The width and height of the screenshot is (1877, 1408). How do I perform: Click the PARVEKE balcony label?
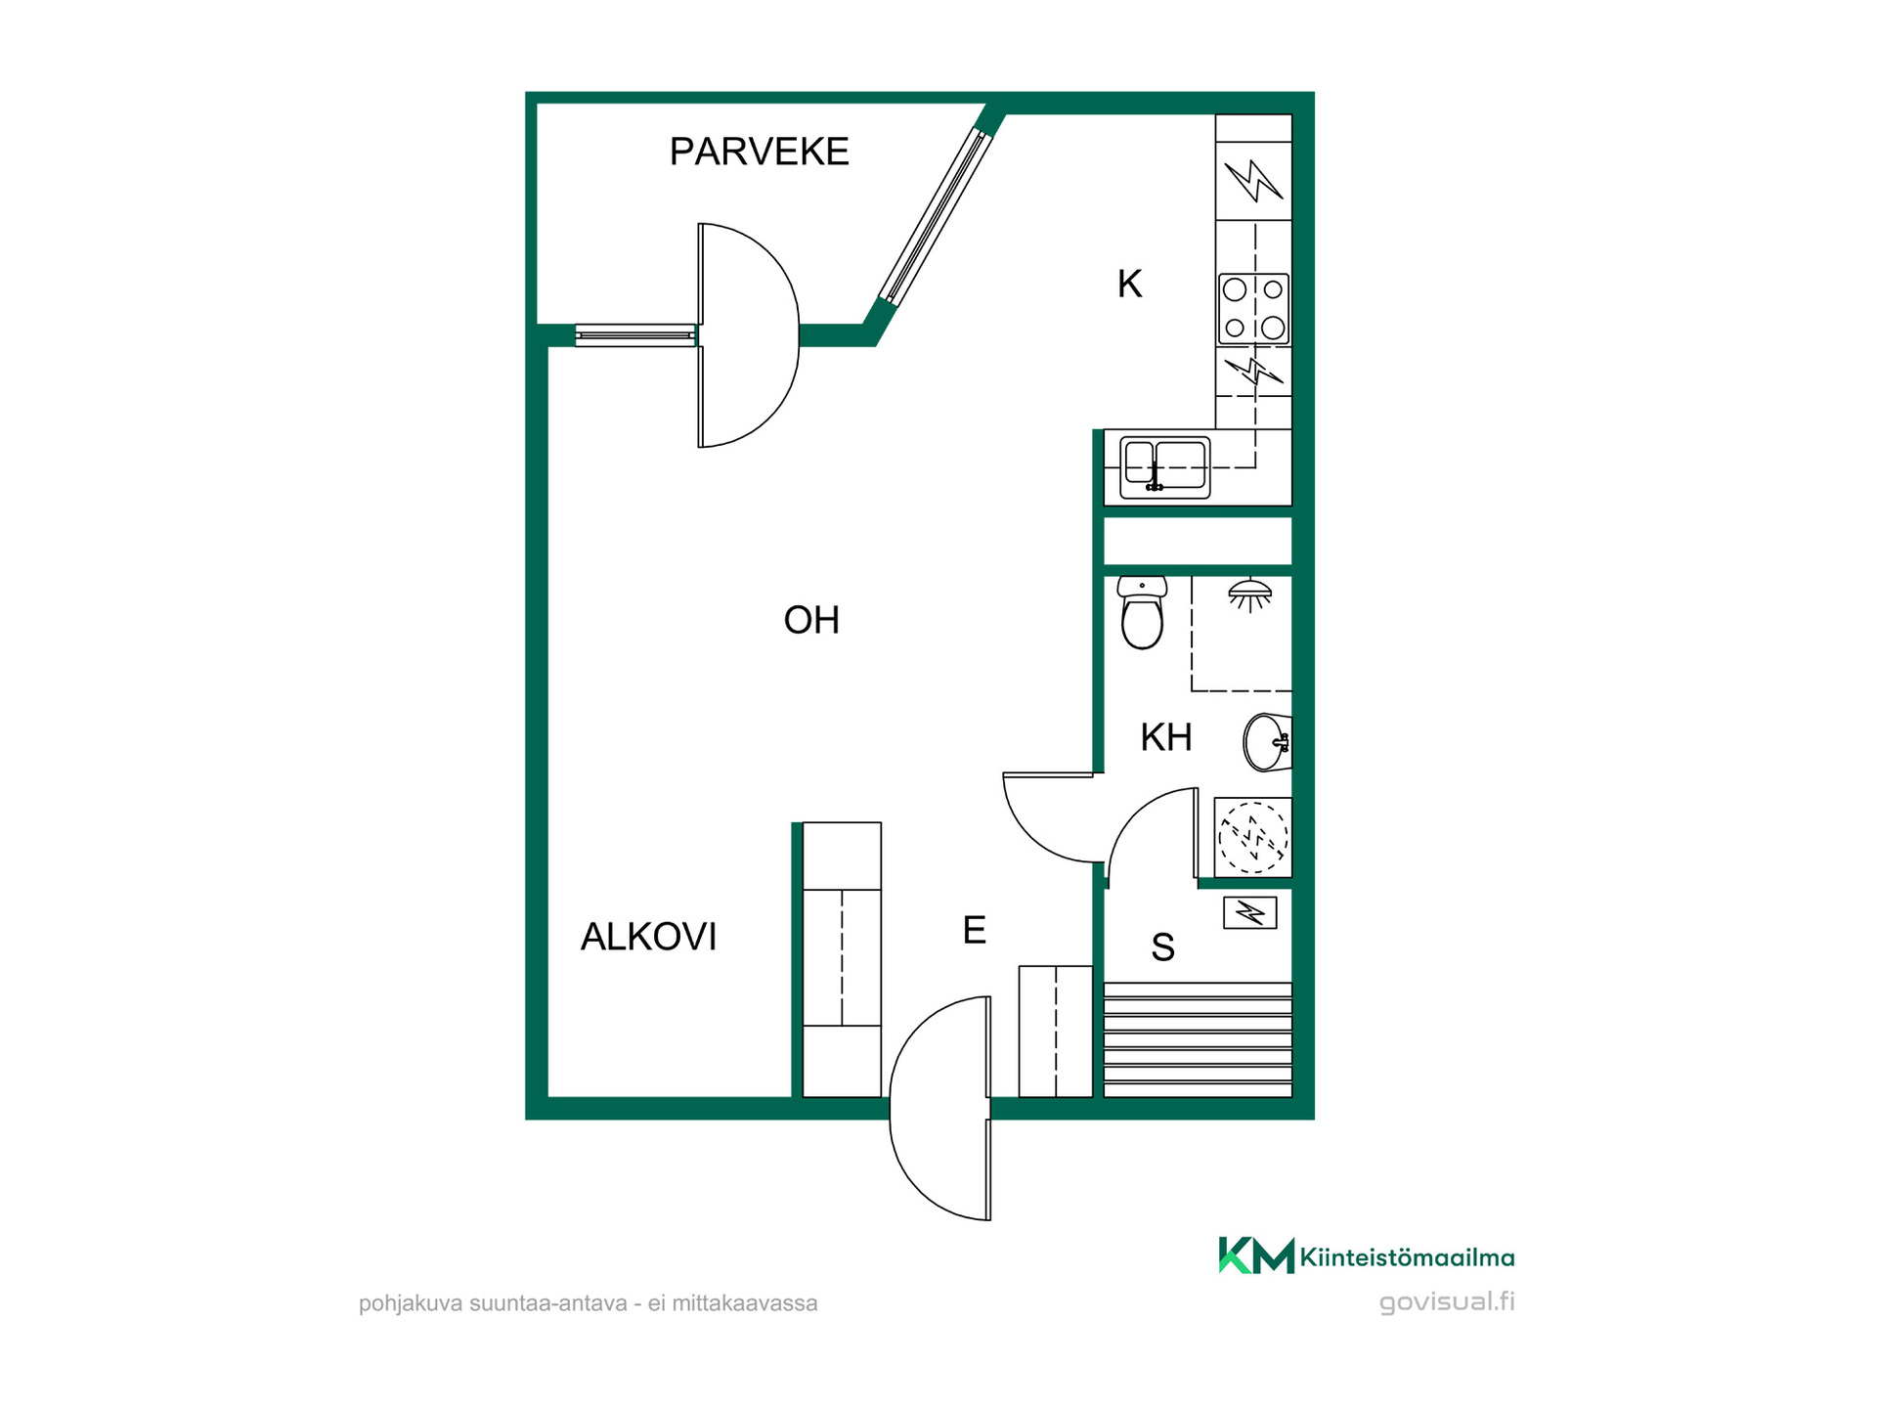point(759,152)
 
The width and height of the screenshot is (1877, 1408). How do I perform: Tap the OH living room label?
point(811,620)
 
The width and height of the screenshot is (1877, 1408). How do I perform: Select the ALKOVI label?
point(648,937)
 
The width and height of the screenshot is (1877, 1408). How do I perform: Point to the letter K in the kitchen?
point(1129,284)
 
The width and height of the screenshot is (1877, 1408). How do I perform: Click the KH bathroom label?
point(1166,737)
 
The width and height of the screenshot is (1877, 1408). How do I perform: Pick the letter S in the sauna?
point(1162,946)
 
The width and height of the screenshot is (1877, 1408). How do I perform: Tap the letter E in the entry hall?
point(974,930)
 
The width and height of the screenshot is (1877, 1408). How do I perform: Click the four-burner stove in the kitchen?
point(1254,309)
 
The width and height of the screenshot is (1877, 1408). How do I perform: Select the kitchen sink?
point(1164,467)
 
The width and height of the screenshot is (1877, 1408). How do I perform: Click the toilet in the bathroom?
point(1142,612)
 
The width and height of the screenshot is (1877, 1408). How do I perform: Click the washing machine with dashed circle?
point(1252,837)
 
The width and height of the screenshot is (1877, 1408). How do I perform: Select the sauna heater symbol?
point(1250,913)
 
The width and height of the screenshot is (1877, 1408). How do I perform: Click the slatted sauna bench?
point(1198,1039)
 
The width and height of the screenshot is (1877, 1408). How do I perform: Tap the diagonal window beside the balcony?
point(935,215)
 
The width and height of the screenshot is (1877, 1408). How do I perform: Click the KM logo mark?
point(1256,1255)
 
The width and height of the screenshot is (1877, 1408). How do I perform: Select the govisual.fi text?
point(1447,1301)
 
